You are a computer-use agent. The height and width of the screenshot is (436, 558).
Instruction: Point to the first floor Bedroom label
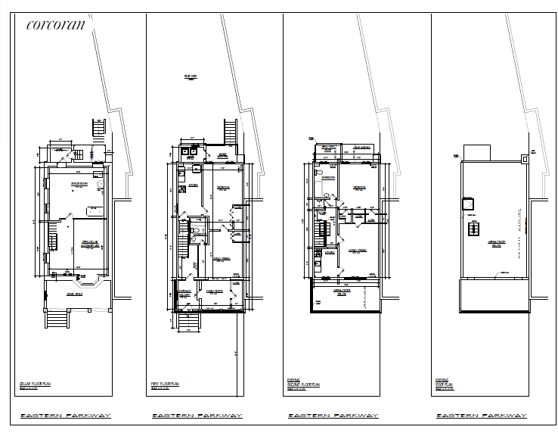pos(224,187)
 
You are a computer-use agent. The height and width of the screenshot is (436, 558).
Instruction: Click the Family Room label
pos(214,291)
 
